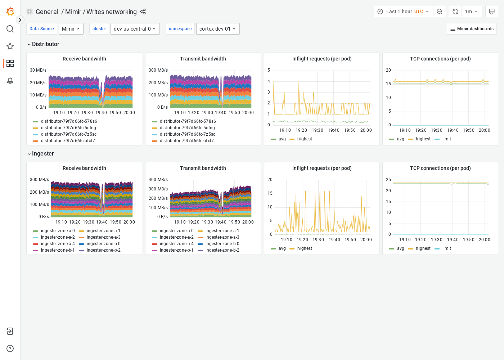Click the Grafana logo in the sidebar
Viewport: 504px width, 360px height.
coord(10,12)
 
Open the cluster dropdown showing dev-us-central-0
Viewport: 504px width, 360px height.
coord(135,29)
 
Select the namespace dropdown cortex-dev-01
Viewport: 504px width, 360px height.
coord(217,29)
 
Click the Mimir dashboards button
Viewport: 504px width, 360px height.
coord(472,29)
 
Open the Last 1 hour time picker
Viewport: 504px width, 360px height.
coord(403,12)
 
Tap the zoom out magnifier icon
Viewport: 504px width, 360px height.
coord(440,12)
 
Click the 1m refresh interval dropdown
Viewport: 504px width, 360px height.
coord(471,12)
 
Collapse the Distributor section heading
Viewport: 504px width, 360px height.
coord(43,44)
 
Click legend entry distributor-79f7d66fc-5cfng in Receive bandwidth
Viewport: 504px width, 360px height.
coord(68,128)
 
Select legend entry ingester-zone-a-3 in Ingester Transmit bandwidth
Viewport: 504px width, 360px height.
coord(222,237)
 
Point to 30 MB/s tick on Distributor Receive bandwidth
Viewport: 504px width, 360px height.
coord(38,70)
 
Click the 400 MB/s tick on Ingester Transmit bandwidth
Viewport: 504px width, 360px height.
coord(158,180)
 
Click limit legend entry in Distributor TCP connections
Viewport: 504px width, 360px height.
coord(446,139)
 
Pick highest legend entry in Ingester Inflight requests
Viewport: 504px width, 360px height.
coord(305,248)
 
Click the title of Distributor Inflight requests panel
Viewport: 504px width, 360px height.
coord(321,59)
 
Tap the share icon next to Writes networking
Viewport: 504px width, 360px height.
coord(143,12)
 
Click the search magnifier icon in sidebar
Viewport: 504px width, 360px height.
coord(10,29)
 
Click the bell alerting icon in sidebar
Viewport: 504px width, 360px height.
coord(10,81)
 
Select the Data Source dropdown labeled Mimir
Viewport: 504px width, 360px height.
coord(71,29)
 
